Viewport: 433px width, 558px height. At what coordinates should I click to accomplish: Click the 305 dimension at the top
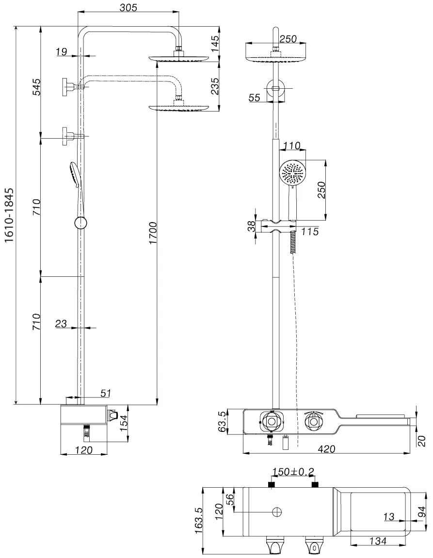point(128,7)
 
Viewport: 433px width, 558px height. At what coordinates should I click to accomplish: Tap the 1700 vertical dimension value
point(153,233)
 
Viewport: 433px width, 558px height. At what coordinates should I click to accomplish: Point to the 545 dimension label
point(37,87)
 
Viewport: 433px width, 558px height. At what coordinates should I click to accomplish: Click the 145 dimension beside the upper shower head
point(216,44)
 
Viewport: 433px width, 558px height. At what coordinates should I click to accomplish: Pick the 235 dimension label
point(216,86)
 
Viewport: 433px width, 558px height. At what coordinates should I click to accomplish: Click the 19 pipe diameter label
point(61,52)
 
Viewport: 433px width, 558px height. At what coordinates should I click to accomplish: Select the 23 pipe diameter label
point(61,323)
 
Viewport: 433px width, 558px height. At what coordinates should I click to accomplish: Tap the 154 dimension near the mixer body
point(124,423)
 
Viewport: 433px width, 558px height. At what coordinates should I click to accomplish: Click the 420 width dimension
point(326,449)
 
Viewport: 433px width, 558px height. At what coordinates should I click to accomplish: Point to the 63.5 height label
point(222,422)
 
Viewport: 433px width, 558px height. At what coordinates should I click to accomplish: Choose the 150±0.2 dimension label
point(293,472)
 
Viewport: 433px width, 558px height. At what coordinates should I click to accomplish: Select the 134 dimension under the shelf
point(378,541)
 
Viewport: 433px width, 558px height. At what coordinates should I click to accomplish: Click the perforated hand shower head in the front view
point(292,173)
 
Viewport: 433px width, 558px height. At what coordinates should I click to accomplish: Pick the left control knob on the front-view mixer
point(272,422)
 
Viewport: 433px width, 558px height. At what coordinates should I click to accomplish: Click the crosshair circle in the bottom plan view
point(277,512)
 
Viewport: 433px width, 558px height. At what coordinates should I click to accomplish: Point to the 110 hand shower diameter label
point(292,146)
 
